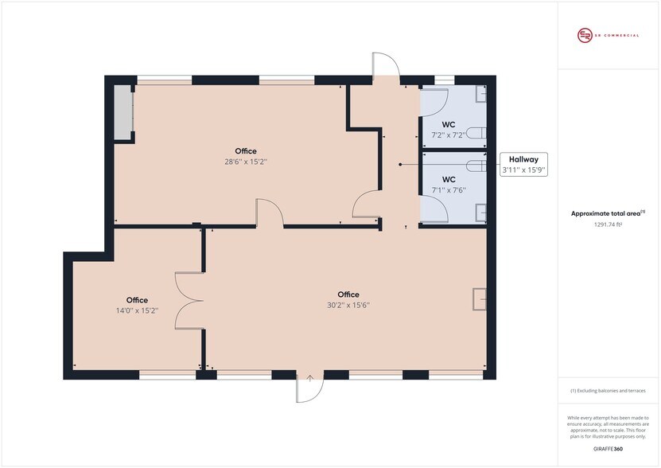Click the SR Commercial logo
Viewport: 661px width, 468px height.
pos(608,36)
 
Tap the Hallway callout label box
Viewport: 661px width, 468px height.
pos(523,165)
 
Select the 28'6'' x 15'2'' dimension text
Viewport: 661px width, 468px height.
pos(246,162)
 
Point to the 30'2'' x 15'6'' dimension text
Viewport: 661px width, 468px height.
pos(348,305)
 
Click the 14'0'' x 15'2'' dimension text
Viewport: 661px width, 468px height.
pos(137,310)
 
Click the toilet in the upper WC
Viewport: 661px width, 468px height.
pos(477,133)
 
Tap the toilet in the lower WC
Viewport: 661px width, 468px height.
pos(477,166)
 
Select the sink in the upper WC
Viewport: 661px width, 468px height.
pos(481,94)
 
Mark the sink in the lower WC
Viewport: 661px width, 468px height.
pos(481,213)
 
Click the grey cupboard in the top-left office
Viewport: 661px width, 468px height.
pos(124,111)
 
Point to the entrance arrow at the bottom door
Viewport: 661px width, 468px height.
pos(310,378)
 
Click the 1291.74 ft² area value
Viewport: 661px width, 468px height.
pos(608,224)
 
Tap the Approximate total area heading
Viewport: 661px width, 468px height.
pos(608,213)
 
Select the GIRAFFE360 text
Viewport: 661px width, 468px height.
pos(608,449)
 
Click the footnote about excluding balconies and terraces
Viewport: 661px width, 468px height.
pos(608,391)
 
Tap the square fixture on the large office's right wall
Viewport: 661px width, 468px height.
pos(480,299)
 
